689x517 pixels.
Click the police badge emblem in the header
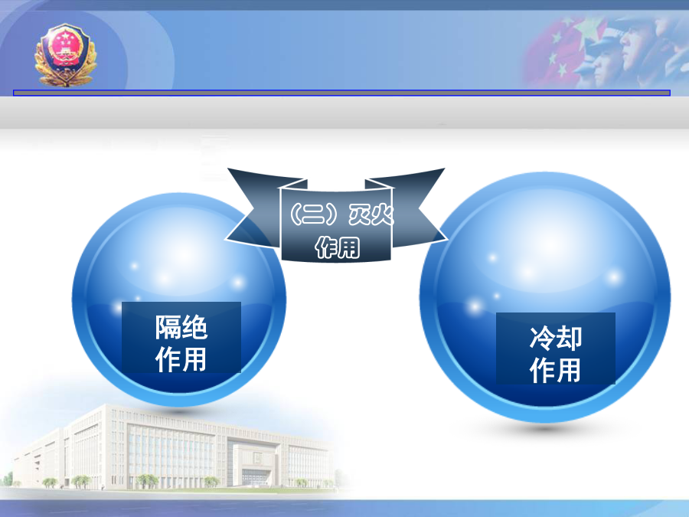coord(66,55)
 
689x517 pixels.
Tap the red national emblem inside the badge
coord(65,46)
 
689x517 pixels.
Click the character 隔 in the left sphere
coord(168,327)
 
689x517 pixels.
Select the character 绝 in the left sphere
coord(194,327)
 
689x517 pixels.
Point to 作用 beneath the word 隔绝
coord(181,359)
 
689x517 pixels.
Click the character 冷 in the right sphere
coord(542,338)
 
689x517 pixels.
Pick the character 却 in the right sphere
coord(569,338)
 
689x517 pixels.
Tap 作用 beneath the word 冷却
coord(556,370)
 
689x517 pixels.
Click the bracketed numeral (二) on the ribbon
coord(315,214)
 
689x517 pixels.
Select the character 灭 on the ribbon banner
coord(359,214)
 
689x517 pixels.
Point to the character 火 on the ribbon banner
coord(382,214)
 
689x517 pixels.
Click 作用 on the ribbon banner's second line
coord(338,247)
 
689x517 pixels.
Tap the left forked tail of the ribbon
coord(253,208)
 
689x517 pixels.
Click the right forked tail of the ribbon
coord(420,208)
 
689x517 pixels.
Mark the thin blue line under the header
coord(341,93)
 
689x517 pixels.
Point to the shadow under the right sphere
coord(545,427)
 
